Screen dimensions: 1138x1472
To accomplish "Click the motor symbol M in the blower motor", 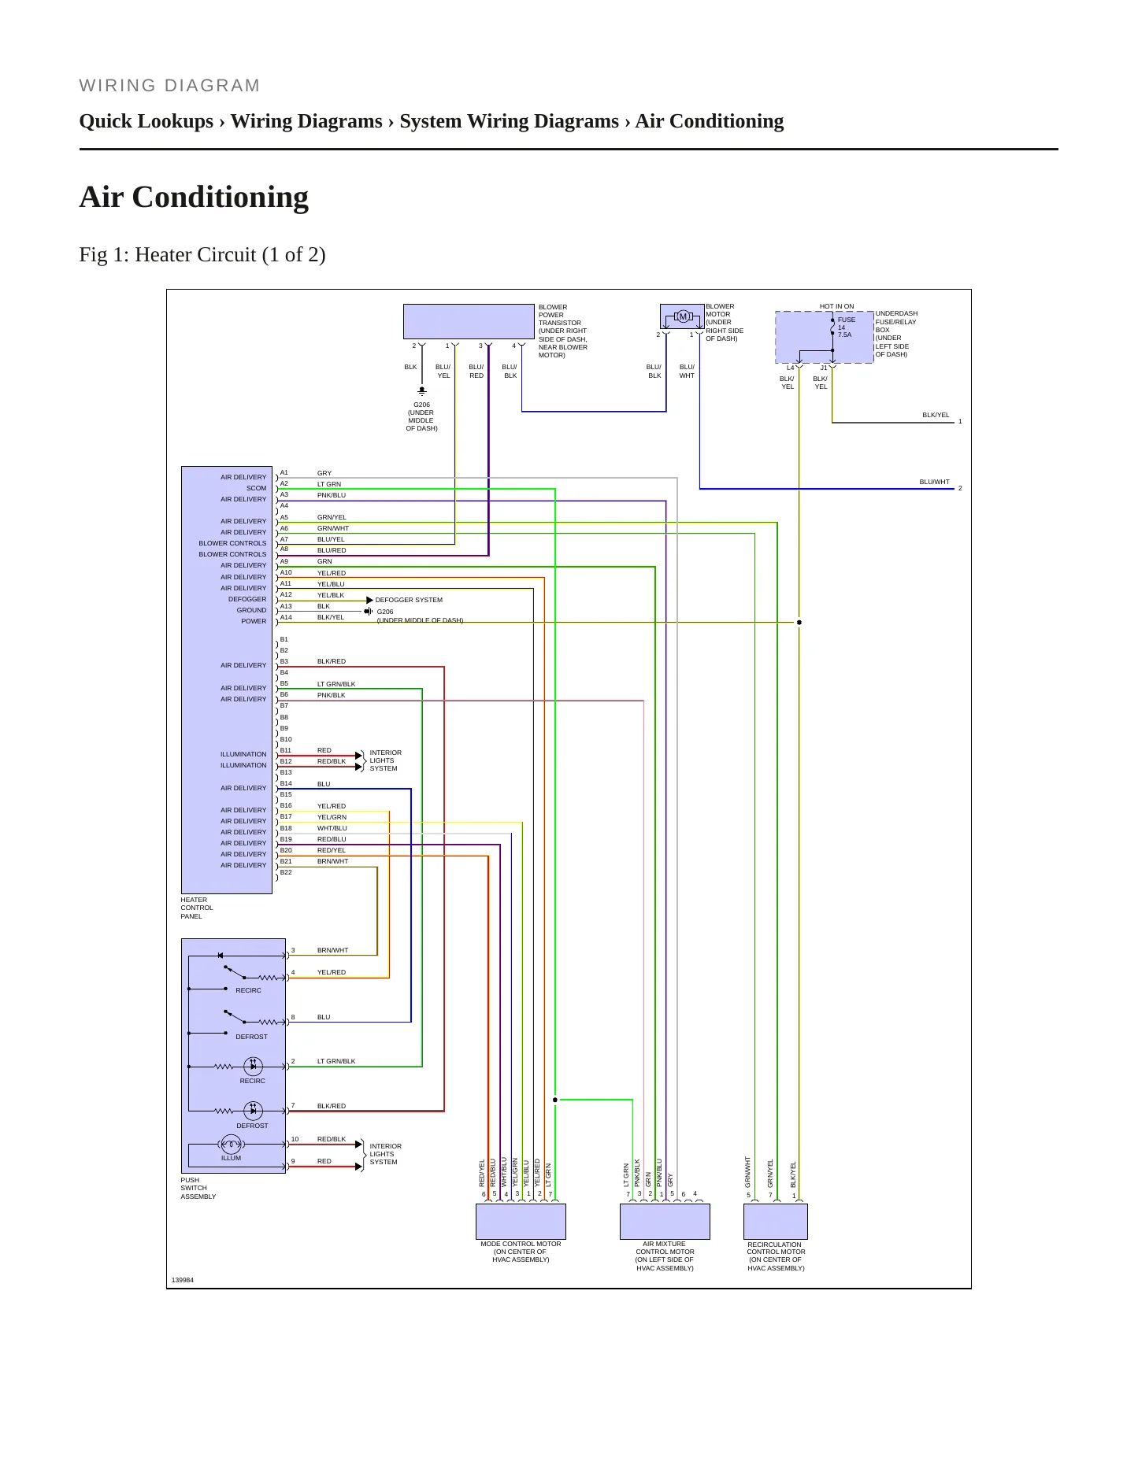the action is click(x=683, y=316).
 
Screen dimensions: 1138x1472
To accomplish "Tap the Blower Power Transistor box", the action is click(x=469, y=321).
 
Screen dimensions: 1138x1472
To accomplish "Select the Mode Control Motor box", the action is click(x=521, y=1221).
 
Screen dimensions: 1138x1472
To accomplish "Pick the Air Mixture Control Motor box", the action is click(x=665, y=1221).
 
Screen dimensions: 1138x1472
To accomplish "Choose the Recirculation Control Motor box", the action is click(x=776, y=1222).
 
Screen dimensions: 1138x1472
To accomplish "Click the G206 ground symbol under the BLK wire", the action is click(x=422, y=390).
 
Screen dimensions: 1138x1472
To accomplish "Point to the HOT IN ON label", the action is click(x=836, y=306).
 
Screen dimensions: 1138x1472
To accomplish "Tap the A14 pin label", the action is click(x=286, y=617).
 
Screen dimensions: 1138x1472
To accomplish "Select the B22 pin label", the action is click(x=286, y=872).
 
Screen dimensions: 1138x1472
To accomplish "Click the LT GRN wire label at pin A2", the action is click(x=329, y=484).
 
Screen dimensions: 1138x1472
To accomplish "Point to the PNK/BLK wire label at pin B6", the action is click(x=332, y=695).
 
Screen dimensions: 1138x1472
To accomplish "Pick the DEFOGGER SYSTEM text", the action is click(x=409, y=600).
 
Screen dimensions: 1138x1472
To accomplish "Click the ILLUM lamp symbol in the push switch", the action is click(x=231, y=1144).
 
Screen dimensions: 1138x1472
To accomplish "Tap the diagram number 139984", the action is click(x=183, y=1280).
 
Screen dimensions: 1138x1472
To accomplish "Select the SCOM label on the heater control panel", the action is click(x=257, y=488).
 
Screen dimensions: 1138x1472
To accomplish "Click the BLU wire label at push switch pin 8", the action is click(x=324, y=1017).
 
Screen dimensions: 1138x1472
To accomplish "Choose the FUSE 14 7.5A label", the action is click(x=846, y=327).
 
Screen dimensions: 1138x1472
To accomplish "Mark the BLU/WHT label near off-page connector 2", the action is click(x=935, y=482).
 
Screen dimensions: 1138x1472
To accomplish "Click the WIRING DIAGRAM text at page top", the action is click(x=169, y=86).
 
